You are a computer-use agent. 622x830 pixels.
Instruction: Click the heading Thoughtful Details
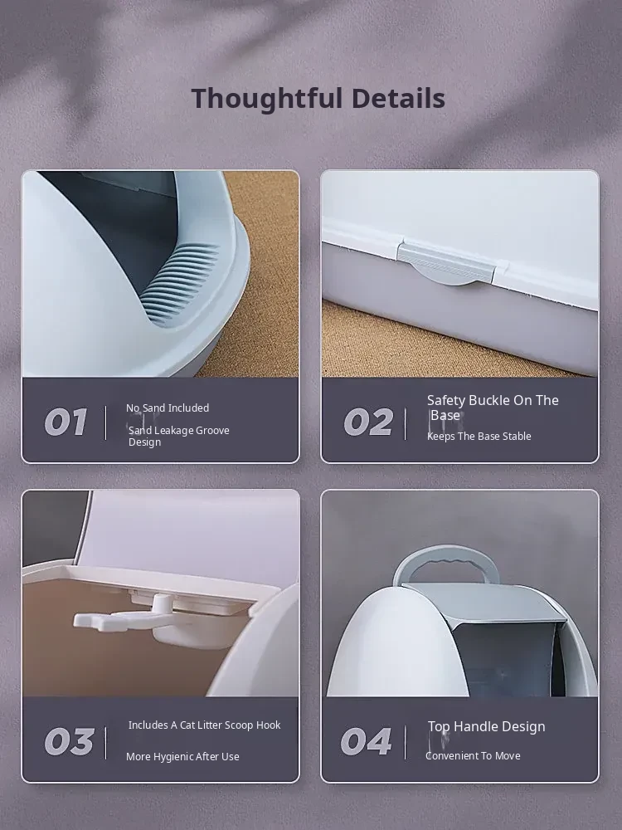click(318, 99)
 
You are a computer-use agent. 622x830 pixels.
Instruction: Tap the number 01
click(66, 422)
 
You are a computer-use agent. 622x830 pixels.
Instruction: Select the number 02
click(368, 422)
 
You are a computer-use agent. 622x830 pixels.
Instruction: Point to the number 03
click(70, 741)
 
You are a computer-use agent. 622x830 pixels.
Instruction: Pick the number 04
click(366, 741)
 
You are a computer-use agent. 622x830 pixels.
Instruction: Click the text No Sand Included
click(168, 408)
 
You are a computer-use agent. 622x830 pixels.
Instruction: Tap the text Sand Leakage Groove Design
click(179, 437)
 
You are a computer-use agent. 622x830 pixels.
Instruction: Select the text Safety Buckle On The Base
click(493, 408)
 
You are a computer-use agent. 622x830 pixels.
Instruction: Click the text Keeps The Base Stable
click(479, 437)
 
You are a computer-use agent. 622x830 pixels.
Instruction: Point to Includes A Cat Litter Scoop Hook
click(204, 725)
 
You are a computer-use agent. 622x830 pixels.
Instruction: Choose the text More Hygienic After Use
click(182, 757)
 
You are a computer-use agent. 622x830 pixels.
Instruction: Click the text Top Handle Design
click(487, 727)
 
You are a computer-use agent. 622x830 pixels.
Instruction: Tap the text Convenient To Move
click(473, 756)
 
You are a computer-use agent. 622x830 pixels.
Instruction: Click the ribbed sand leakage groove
click(180, 281)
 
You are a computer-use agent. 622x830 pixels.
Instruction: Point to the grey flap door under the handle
click(483, 603)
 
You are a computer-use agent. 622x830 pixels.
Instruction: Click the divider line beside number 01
click(106, 423)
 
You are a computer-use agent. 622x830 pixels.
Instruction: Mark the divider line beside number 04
click(406, 742)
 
